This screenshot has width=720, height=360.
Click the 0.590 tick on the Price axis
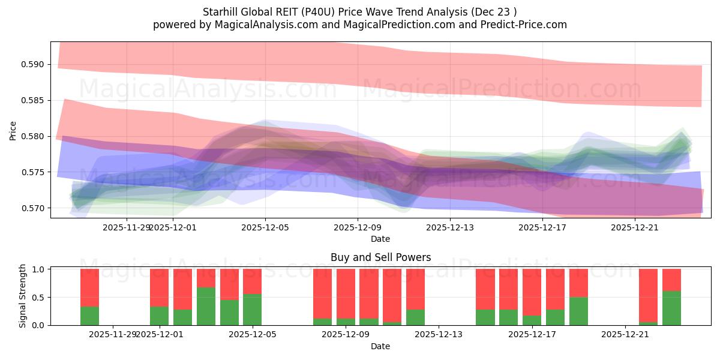click(35, 64)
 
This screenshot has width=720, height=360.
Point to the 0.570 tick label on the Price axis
click(35, 208)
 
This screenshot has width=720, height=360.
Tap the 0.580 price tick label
click(35, 136)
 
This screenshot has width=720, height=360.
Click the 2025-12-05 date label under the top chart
click(265, 227)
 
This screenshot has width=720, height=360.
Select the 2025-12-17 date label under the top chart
click(542, 227)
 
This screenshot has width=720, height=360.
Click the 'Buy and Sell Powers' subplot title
click(380, 258)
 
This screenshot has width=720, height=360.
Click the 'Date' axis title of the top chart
click(380, 239)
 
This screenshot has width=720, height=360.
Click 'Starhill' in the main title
click(223, 12)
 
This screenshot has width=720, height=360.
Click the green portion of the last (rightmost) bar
click(671, 308)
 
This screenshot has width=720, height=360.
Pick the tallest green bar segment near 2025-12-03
click(206, 307)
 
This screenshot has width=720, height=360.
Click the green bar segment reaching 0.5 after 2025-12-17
click(578, 311)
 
